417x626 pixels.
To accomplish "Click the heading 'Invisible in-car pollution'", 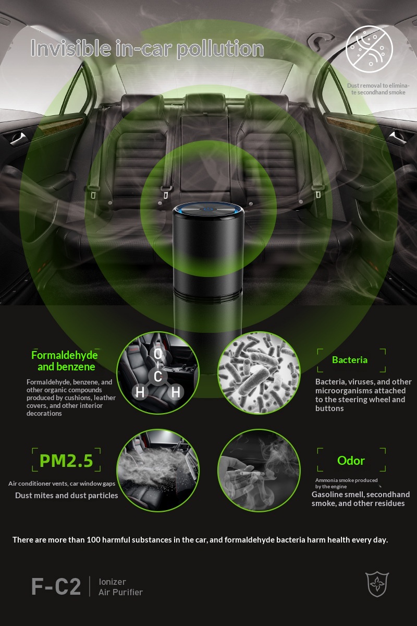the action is (x=147, y=49).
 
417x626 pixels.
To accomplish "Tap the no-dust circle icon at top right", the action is (x=369, y=49).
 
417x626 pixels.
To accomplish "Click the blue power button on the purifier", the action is (x=207, y=209).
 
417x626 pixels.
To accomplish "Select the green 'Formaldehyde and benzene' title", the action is (x=65, y=361).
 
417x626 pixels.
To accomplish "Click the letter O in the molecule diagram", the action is (x=158, y=354).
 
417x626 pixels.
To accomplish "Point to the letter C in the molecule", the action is (x=157, y=377).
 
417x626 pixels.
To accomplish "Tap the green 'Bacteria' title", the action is (x=350, y=360).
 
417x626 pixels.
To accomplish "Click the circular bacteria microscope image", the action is (x=259, y=373).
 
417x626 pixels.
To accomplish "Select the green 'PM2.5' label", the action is (x=66, y=461).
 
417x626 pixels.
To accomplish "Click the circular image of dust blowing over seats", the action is (x=158, y=471).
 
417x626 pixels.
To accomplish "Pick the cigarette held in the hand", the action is (x=252, y=474).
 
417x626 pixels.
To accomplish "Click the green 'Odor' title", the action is (x=351, y=461).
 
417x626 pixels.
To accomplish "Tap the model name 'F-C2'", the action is (x=56, y=587).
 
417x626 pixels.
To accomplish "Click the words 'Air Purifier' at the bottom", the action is (x=120, y=592).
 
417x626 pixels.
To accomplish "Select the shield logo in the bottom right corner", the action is (x=377, y=584).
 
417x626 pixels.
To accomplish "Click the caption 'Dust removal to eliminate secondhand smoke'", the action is (x=378, y=89).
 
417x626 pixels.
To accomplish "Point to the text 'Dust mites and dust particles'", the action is (x=67, y=496).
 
